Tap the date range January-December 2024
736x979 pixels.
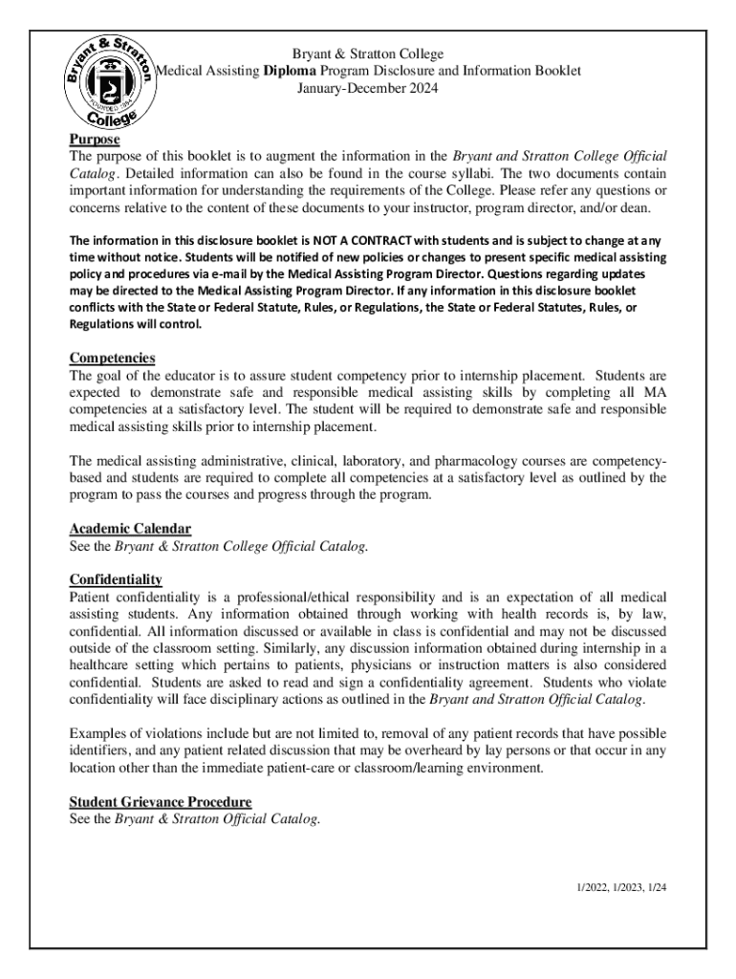click(368, 88)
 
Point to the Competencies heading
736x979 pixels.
click(112, 358)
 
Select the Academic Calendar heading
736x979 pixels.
click(130, 529)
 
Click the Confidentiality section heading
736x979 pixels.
click(116, 579)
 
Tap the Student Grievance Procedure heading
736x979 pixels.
click(161, 801)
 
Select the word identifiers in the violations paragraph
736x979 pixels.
click(102, 751)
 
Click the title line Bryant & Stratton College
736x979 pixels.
click(367, 54)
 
